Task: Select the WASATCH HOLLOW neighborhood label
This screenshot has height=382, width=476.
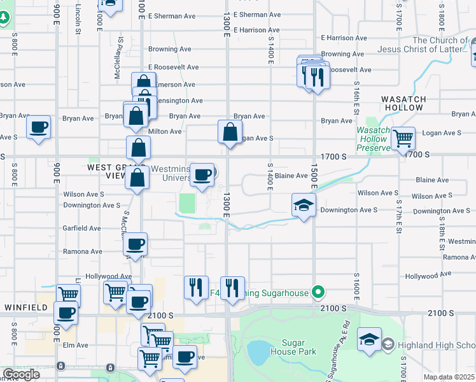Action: click(402, 103)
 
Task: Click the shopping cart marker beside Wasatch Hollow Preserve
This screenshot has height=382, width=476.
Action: click(402, 138)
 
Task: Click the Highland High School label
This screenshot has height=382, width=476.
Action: click(437, 346)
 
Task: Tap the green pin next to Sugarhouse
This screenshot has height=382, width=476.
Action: click(319, 293)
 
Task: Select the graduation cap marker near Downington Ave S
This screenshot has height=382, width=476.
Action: click(304, 205)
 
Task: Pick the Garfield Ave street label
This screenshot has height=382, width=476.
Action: click(81, 228)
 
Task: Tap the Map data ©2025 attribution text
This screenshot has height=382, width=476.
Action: click(448, 377)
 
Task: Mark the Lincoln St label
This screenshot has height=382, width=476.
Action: click(78, 18)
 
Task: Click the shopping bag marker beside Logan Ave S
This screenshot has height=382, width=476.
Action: click(230, 132)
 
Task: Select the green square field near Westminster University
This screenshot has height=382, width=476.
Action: click(187, 204)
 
